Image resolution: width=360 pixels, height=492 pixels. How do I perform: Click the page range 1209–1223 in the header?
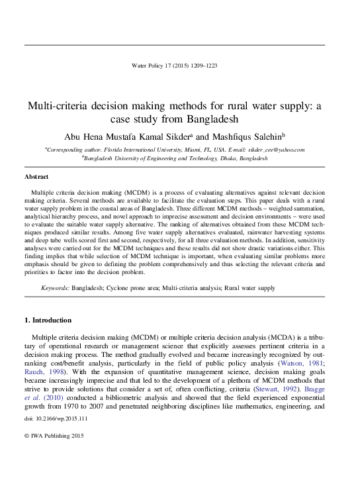point(202,66)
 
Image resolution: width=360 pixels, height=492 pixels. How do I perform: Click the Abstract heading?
point(36,177)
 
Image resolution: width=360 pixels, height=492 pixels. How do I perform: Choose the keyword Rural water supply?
point(250,289)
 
